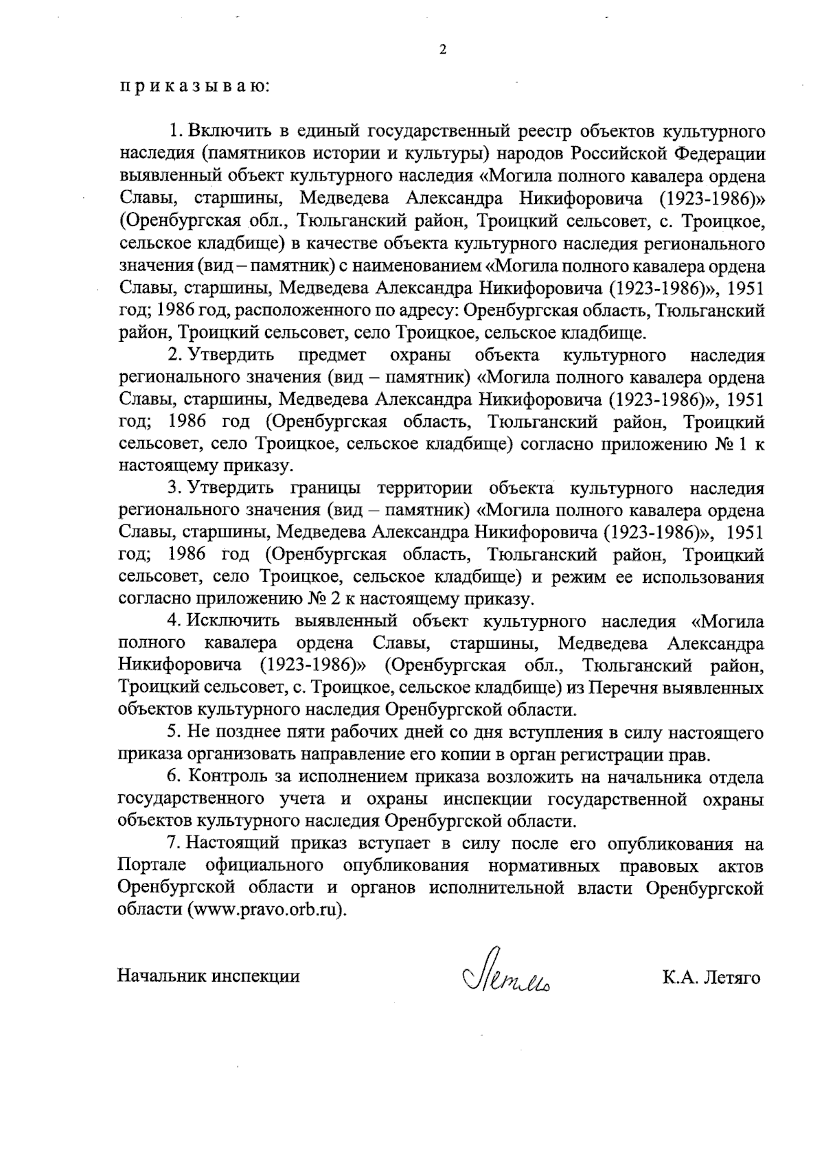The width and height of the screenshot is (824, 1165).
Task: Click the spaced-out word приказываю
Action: point(196,88)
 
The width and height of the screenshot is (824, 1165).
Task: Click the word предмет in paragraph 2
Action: point(332,356)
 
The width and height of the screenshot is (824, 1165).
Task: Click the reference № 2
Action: point(323,599)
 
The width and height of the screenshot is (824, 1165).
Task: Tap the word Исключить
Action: point(233,622)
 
